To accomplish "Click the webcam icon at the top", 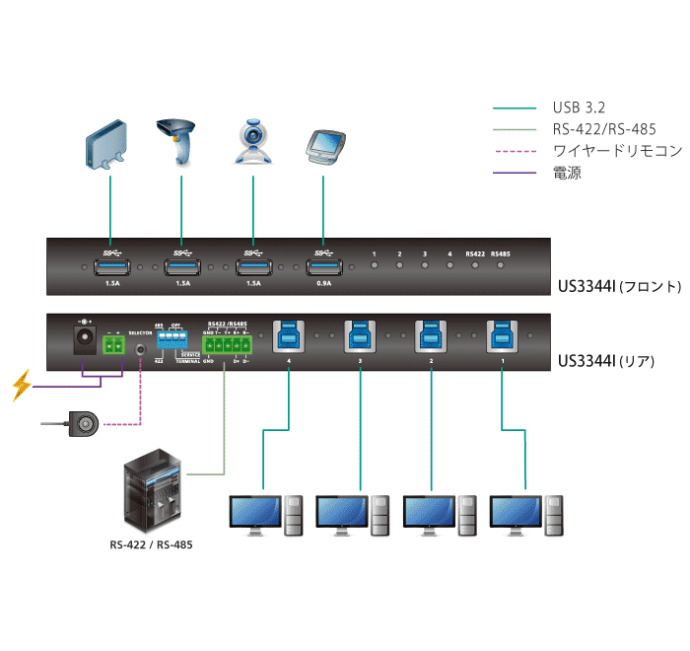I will (x=252, y=143).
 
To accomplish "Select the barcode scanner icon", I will (x=179, y=142).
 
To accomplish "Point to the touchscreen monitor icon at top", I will (x=323, y=146).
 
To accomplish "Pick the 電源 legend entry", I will (x=567, y=173).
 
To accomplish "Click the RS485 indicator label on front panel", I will (x=501, y=254).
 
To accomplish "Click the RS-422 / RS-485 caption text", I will (x=150, y=544).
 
